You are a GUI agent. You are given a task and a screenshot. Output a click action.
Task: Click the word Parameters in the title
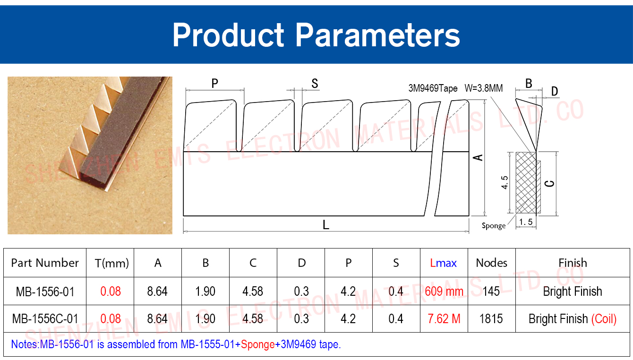[x=378, y=35]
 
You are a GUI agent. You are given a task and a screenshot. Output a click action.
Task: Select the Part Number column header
[x=45, y=263]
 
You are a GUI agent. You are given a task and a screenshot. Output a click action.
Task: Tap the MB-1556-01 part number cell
[x=45, y=291]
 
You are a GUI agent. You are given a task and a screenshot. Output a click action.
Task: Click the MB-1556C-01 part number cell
[x=45, y=319]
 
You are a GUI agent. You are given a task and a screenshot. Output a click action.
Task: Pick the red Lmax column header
[x=444, y=263]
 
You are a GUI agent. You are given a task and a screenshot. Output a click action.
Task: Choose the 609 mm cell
[x=444, y=291]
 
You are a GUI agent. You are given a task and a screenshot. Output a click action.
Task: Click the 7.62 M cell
[x=444, y=319]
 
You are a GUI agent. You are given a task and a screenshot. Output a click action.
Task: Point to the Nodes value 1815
[x=491, y=319]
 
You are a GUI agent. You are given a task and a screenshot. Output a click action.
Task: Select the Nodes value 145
[x=491, y=291]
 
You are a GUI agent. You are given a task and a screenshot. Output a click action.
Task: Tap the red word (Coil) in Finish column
[x=604, y=319]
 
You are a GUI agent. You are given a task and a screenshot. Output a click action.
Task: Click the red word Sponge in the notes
[x=258, y=344]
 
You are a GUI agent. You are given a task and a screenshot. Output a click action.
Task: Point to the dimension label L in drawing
[x=326, y=225]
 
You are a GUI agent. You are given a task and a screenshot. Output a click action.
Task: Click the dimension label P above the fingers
[x=215, y=83]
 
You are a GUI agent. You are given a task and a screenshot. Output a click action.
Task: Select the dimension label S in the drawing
[x=315, y=83]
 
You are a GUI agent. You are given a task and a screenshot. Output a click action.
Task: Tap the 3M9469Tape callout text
[x=433, y=88]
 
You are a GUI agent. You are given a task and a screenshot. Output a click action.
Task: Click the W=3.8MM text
[x=484, y=88]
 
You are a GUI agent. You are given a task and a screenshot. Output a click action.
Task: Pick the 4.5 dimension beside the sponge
[x=505, y=182]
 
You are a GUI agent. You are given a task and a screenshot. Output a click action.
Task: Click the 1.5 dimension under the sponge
[x=526, y=222]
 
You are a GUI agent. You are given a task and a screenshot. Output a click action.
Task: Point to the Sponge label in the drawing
[x=494, y=226]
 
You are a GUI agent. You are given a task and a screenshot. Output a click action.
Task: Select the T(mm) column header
[x=112, y=263]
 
